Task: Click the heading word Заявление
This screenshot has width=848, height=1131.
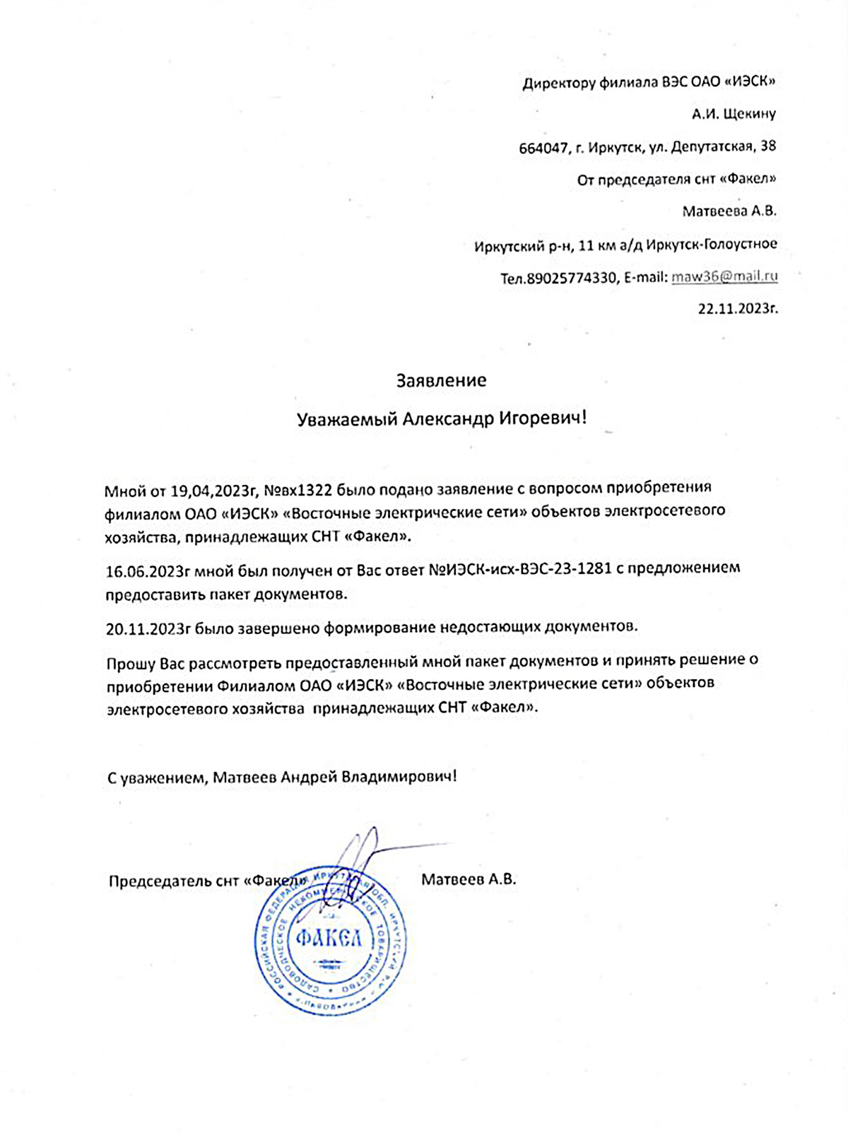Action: coord(441,381)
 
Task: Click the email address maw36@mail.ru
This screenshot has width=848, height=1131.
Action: coord(724,276)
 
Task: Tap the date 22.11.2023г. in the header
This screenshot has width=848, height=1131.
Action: coord(738,308)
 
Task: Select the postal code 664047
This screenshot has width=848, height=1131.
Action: coord(543,148)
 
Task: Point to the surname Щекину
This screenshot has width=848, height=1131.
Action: coord(748,114)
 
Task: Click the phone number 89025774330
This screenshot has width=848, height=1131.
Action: coord(572,278)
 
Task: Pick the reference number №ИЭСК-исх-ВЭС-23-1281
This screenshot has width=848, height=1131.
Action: coord(520,568)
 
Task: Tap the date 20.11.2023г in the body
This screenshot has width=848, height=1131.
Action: coord(148,628)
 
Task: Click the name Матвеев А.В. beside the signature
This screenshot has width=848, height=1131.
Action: coord(469,879)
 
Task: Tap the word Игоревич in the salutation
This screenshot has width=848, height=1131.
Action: coord(543,418)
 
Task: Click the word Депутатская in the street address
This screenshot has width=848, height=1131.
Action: coord(711,146)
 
